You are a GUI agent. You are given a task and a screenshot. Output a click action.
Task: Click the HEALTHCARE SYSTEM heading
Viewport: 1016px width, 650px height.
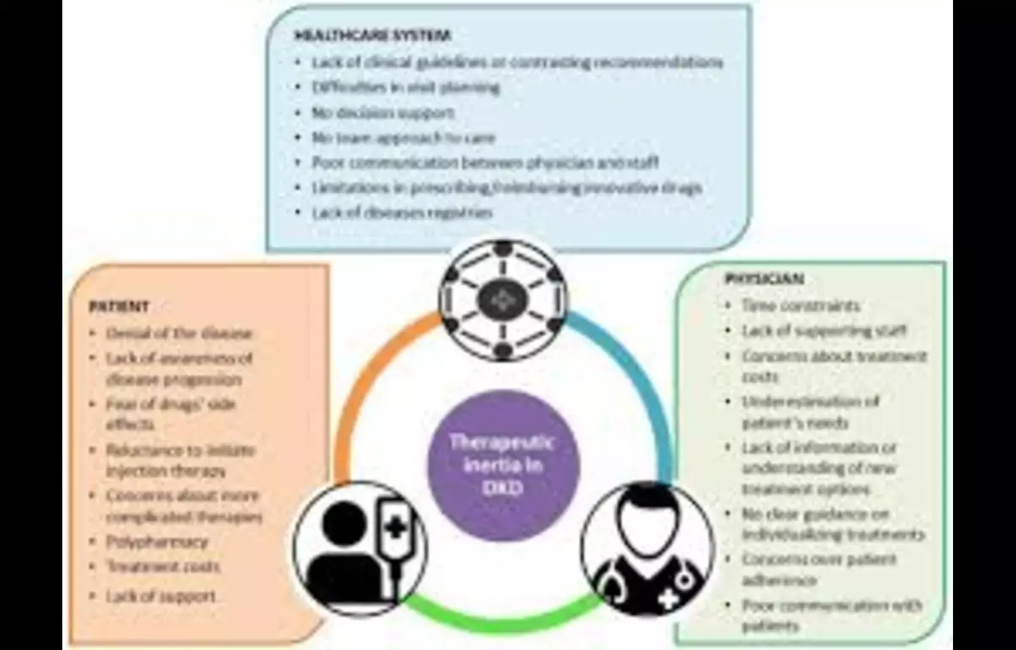[x=372, y=36]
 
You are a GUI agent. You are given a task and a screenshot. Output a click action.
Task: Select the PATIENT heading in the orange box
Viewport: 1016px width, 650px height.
[x=119, y=307]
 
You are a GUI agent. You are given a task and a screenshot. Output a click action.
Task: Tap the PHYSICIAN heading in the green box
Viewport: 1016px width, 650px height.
[x=764, y=279]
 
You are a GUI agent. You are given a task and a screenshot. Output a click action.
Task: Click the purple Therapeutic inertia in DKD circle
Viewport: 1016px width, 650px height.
[x=503, y=465]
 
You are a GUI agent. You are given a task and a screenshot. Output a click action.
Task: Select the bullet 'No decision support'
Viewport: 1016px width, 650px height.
[x=383, y=112]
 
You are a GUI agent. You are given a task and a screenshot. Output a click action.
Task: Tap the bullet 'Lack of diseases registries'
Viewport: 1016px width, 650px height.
[x=402, y=213]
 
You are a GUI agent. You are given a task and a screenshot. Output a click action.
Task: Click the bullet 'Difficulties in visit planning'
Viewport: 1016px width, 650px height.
[x=405, y=87]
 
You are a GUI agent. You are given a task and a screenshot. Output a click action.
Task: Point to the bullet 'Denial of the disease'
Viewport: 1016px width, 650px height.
[x=179, y=333]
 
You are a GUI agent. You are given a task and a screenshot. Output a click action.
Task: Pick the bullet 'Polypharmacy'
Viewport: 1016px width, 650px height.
[x=156, y=542]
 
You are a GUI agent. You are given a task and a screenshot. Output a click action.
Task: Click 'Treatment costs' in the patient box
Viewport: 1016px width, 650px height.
[x=163, y=567]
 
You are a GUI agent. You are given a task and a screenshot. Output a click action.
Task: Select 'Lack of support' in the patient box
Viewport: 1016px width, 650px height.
[x=161, y=597]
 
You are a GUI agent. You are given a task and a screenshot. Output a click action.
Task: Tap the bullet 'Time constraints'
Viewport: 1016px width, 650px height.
[x=801, y=305]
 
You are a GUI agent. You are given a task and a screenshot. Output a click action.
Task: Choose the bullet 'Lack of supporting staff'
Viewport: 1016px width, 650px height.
[x=824, y=330]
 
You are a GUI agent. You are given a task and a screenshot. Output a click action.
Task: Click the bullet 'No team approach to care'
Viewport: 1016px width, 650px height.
[x=403, y=138]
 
